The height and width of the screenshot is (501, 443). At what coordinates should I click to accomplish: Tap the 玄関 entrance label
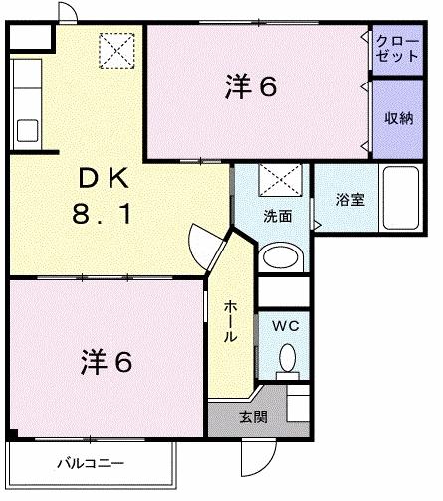point(253,417)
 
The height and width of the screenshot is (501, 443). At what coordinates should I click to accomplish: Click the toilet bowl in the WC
point(287,358)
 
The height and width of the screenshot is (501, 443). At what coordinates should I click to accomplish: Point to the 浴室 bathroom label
point(349,199)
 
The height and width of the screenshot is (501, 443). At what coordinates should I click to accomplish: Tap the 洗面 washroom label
point(277,215)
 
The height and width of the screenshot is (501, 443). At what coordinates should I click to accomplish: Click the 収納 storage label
point(400,118)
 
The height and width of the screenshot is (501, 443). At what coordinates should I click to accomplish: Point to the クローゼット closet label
point(397,48)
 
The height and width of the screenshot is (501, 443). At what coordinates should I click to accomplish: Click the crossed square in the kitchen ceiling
point(116,47)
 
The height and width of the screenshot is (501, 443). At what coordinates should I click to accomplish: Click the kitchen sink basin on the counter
point(27,130)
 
